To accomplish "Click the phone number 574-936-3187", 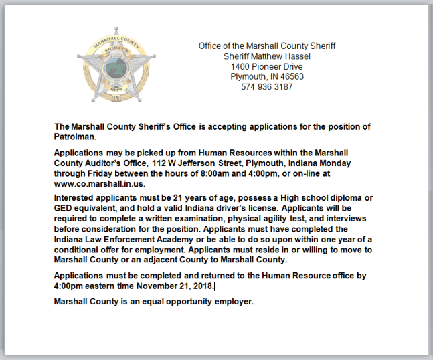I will (x=267, y=87).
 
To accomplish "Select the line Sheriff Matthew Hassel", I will (x=267, y=56).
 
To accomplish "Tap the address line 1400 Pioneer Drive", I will (x=267, y=67).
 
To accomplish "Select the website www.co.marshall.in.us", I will (x=99, y=183).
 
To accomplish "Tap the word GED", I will (x=64, y=208).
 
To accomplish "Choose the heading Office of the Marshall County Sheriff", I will (x=267, y=46).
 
